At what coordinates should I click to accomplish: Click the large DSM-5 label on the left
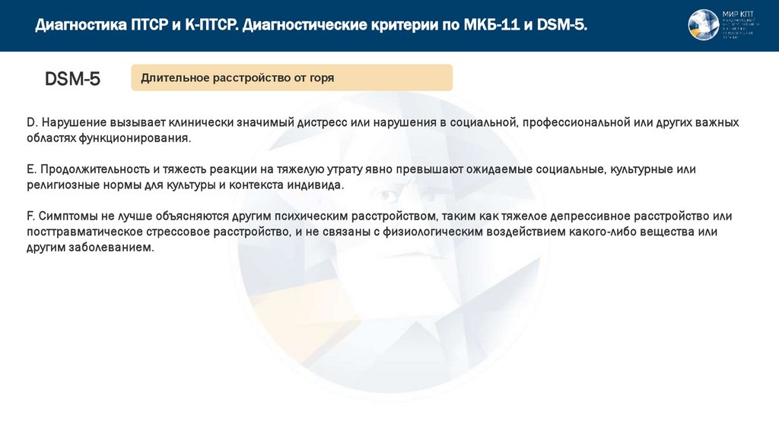pyautogui.click(x=72, y=79)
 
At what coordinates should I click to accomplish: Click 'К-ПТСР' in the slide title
pyautogui.click(x=211, y=27)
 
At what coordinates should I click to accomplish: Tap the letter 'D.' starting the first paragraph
pyautogui.click(x=31, y=122)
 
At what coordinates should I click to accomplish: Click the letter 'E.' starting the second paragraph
pyautogui.click(x=31, y=169)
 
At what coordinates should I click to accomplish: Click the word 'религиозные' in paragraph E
pyautogui.click(x=62, y=185)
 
